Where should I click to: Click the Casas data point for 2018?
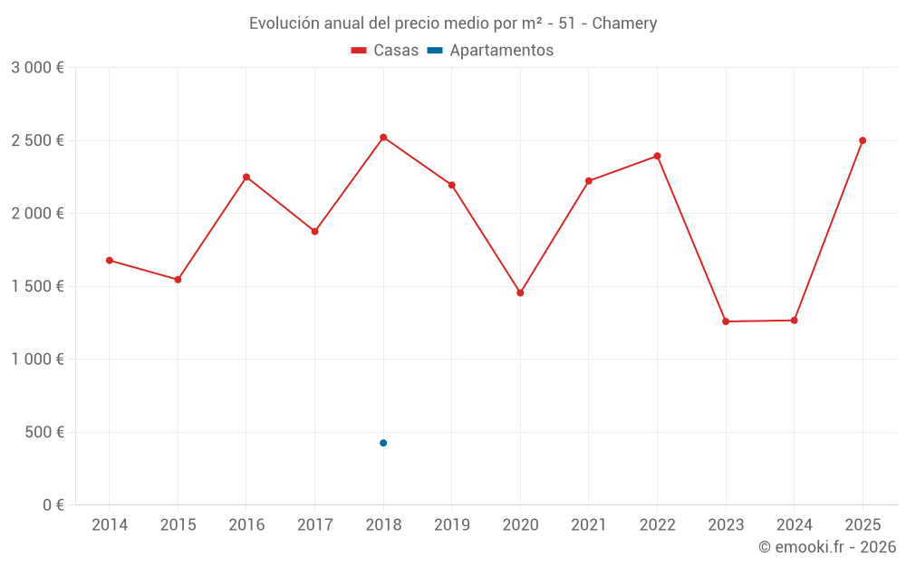point(383,138)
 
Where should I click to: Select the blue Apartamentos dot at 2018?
point(383,443)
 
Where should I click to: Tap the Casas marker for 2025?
point(863,140)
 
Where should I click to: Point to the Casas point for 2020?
point(520,293)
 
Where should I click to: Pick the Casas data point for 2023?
point(726,321)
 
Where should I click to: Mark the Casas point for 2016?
point(246,177)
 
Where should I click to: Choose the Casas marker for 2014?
point(110,260)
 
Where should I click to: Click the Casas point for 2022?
point(657,156)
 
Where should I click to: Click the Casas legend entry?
point(385,51)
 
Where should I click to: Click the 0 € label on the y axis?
point(53,504)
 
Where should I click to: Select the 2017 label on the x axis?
point(314,525)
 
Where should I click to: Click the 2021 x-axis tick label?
point(589,525)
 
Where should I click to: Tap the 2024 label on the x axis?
point(794,525)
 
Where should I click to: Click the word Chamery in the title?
point(624,24)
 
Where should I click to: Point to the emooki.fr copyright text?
point(827,547)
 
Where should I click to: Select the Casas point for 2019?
point(451,185)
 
